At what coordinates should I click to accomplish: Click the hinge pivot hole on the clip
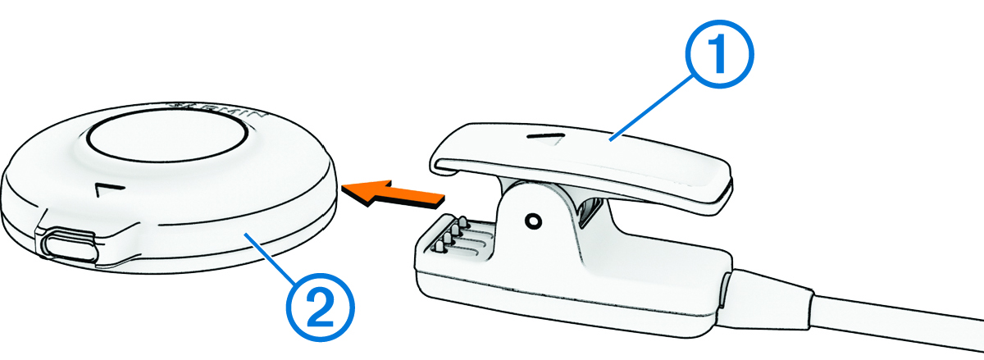click(x=534, y=221)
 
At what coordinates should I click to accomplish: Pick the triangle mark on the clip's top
click(x=555, y=140)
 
